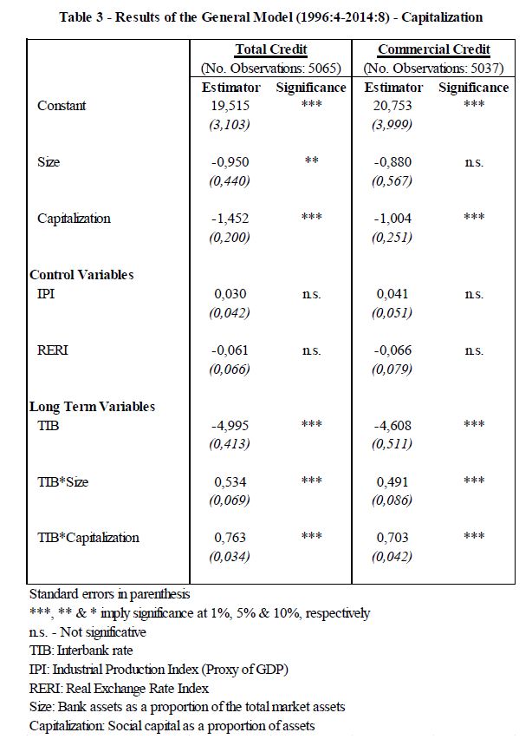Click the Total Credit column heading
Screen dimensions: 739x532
coord(271,50)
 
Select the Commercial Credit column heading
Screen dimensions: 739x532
coord(433,50)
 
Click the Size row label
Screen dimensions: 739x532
coord(49,162)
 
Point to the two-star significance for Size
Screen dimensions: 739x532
coord(311,162)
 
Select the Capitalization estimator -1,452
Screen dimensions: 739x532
coord(230,219)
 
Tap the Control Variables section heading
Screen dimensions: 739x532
coord(81,275)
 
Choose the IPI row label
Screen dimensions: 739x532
coord(47,294)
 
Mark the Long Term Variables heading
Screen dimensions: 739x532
coord(92,406)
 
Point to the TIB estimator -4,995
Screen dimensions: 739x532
coord(230,425)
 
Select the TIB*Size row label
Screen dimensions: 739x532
coord(63,481)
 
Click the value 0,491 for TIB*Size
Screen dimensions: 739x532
coord(392,481)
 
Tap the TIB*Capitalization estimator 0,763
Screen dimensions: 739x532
coord(230,538)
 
